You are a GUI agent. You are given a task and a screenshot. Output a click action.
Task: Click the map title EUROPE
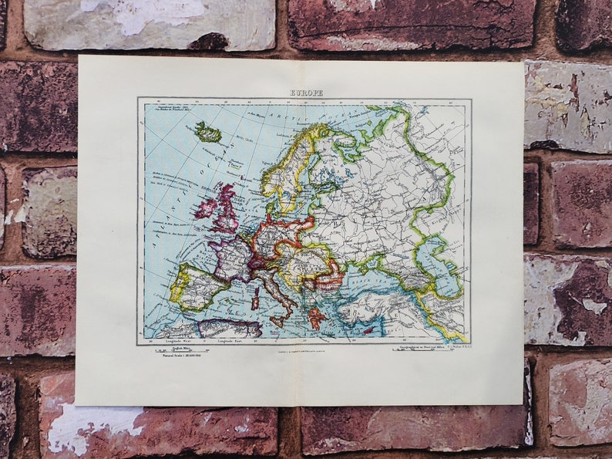[x=306, y=93]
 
